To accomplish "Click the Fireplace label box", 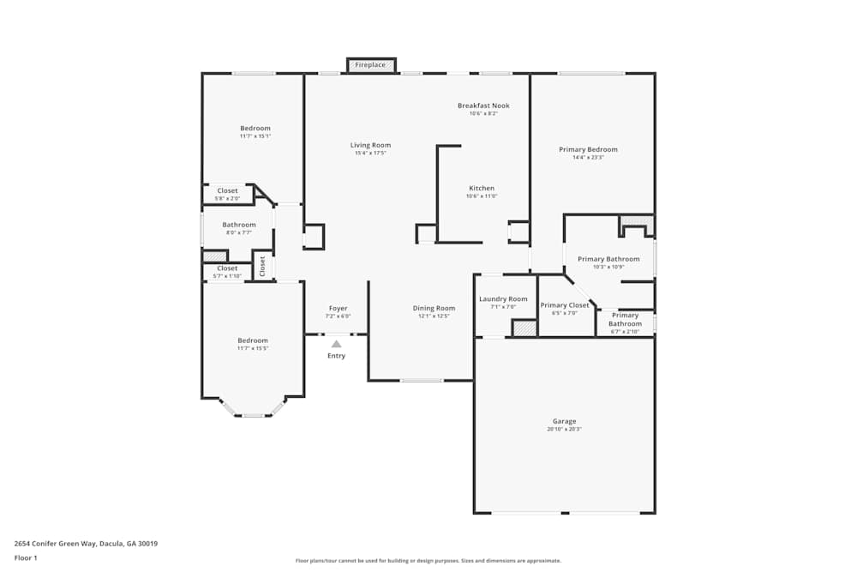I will (371, 65).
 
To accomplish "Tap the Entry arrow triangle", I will (336, 344).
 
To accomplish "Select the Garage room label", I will (564, 421).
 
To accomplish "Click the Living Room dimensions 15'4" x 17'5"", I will (370, 154).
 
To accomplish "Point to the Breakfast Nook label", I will (483, 105).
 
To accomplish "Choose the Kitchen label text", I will (481, 188).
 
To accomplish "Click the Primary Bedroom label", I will (588, 149).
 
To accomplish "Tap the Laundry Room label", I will (503, 298).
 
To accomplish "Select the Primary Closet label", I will (565, 305).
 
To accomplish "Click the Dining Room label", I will (434, 308).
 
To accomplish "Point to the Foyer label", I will (338, 308).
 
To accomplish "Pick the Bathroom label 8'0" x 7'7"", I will (239, 225).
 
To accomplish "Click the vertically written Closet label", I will (262, 267).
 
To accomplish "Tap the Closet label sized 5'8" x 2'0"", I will (227, 190).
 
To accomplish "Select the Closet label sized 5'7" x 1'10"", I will (227, 268).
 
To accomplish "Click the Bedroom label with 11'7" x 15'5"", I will (253, 340).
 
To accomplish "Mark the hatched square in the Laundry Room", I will (524, 328).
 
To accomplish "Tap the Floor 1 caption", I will (26, 557).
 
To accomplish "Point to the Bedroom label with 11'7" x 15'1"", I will (255, 129).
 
